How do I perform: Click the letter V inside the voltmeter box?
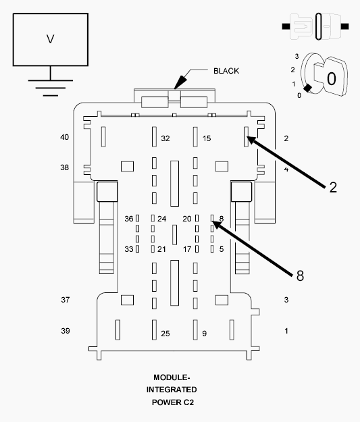pos(51,39)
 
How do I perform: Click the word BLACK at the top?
pos(226,71)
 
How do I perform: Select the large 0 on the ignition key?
pos(331,79)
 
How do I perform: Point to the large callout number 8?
pos(300,275)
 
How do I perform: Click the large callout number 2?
pos(333,187)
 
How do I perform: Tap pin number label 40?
pos(64,137)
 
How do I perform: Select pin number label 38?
pos(64,167)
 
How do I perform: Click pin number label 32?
pos(165,138)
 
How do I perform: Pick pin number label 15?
pos(207,138)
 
